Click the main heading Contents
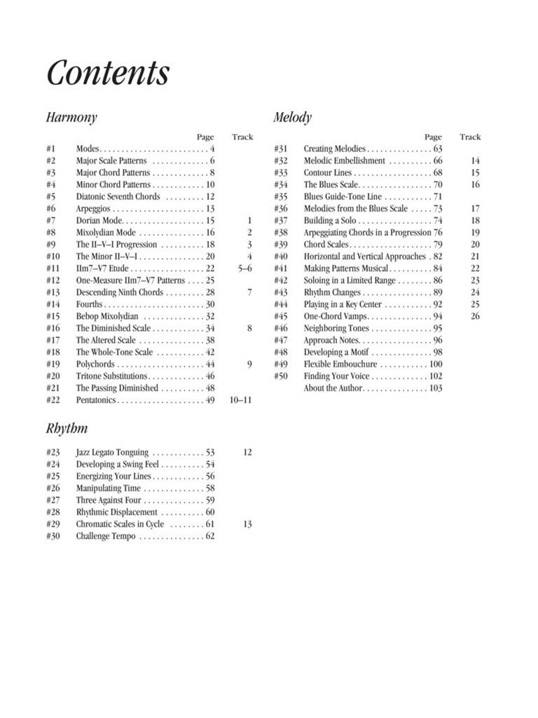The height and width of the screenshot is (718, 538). point(108,72)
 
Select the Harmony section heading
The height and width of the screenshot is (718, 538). point(71,118)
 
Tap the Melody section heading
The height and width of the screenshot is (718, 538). point(292,118)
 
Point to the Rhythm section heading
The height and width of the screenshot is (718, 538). point(67,428)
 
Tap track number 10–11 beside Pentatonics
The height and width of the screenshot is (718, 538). point(240,400)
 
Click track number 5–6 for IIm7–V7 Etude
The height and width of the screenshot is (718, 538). point(244,269)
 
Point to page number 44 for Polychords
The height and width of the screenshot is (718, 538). point(210,365)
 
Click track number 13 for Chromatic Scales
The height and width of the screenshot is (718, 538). point(247,524)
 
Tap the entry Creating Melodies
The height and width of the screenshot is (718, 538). point(334,149)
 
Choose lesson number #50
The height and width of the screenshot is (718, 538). point(281,377)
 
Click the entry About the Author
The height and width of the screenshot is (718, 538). point(333,388)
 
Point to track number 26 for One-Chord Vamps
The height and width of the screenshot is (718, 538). point(475,316)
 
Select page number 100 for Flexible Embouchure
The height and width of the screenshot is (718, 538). point(436,365)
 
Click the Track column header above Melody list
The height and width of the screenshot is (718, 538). point(470,137)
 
